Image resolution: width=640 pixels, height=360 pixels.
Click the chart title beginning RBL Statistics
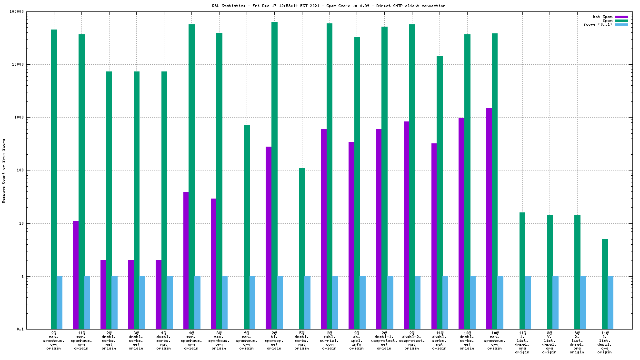click(x=329, y=6)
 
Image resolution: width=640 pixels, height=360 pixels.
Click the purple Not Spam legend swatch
click(x=621, y=17)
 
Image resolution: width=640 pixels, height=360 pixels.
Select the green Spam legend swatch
click(x=621, y=20)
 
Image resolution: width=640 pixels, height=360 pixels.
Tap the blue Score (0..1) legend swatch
click(x=621, y=24)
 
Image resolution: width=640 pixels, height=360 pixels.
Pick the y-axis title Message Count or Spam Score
click(x=4, y=171)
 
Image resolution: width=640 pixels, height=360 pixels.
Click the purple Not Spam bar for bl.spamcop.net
click(x=269, y=238)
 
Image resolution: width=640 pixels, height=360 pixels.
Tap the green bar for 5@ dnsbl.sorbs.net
click(x=302, y=248)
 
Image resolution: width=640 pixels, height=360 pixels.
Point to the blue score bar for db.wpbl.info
click(x=362, y=302)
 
